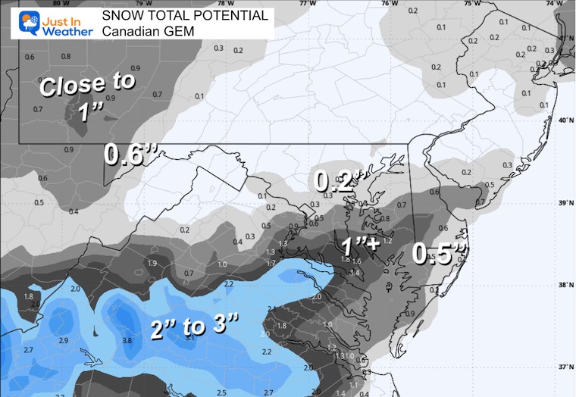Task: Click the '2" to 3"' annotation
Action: [194, 326]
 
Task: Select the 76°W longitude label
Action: [390, 3]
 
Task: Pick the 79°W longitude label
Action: [141, 3]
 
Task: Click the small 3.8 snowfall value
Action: [128, 341]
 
